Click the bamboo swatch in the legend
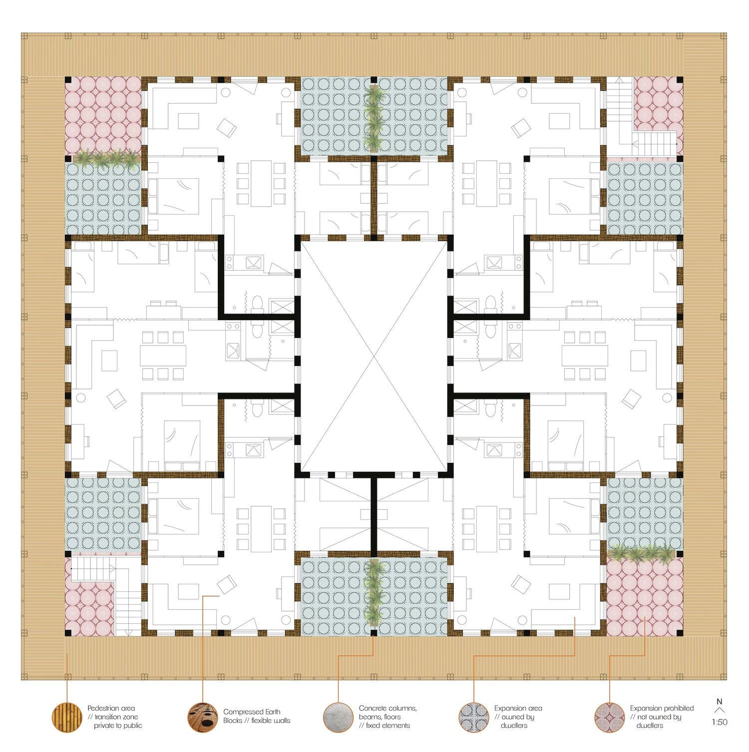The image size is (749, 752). tap(67, 718)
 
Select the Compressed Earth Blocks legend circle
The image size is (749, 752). tap(203, 718)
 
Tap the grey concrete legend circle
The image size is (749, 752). tap(339, 718)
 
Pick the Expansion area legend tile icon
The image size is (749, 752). tap(474, 718)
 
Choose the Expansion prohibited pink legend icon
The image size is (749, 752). tap(610, 718)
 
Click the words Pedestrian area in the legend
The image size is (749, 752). tap(111, 708)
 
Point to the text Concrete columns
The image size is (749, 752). tap(387, 708)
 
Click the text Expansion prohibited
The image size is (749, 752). tap(662, 708)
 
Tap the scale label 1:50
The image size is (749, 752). tap(720, 722)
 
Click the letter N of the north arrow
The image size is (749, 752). tap(720, 702)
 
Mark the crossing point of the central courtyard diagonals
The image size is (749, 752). tap(374, 356)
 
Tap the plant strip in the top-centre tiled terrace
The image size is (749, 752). tap(374, 118)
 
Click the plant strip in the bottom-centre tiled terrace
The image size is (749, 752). tap(374, 592)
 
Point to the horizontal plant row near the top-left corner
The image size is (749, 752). tap(106, 158)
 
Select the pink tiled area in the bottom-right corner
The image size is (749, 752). tap(645, 596)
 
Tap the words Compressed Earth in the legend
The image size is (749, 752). tap(252, 712)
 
